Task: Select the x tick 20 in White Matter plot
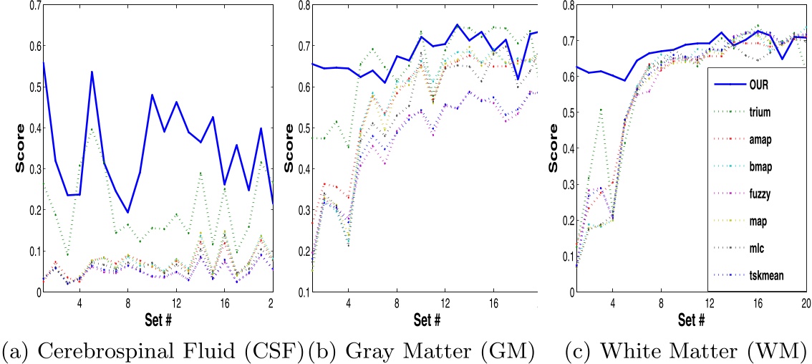pos(805,302)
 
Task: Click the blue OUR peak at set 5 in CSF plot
pos(92,72)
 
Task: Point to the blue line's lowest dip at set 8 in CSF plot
pos(127,212)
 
